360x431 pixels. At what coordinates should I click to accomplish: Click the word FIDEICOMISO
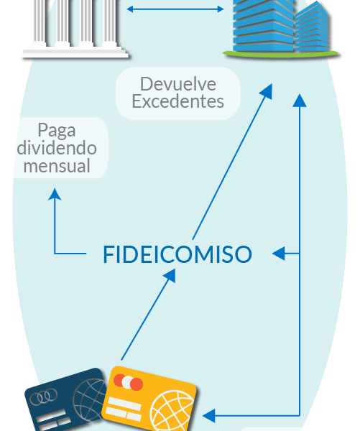click(x=177, y=254)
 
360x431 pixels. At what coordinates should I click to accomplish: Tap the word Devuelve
click(x=178, y=84)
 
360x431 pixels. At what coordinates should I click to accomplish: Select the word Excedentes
click(x=178, y=101)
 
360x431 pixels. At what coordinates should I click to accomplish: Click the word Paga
click(x=57, y=131)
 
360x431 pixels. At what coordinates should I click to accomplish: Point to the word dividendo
click(x=57, y=148)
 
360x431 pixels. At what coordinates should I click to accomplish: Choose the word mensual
click(x=57, y=166)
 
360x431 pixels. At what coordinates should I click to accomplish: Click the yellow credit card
click(x=149, y=399)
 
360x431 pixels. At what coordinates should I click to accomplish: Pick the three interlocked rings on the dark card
click(x=43, y=397)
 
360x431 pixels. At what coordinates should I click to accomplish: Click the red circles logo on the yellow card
click(x=128, y=382)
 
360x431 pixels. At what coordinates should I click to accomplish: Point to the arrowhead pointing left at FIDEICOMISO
click(x=278, y=254)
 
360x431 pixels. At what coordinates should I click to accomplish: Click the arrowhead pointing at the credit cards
click(x=208, y=416)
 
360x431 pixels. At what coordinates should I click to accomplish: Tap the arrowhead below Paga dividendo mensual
click(x=55, y=194)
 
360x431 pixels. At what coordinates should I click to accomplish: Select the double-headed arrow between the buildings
click(x=175, y=9)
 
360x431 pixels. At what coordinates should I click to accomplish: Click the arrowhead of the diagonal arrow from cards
click(x=170, y=275)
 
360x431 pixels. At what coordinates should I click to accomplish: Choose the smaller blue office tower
click(x=312, y=27)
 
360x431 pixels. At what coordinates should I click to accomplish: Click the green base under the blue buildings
click(x=280, y=54)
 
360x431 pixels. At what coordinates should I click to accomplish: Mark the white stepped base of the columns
click(x=75, y=52)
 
